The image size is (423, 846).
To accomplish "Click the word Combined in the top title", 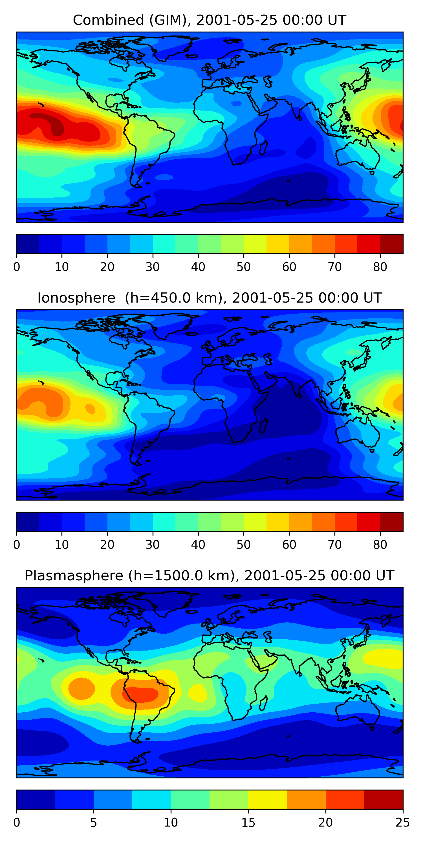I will pyautogui.click(x=108, y=20).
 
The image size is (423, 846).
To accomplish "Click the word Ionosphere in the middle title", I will pyautogui.click(x=76, y=298).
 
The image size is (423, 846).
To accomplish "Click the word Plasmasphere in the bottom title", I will pyautogui.click(x=74, y=576).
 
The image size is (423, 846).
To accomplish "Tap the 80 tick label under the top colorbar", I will pyautogui.click(x=380, y=267).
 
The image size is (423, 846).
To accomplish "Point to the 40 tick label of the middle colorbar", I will pyautogui.click(x=198, y=545).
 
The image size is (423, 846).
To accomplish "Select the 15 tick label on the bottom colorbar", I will pyautogui.click(x=248, y=823).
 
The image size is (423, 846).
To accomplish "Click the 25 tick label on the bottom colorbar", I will pyautogui.click(x=403, y=823).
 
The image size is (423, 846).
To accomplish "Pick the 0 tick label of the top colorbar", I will pyautogui.click(x=17, y=267).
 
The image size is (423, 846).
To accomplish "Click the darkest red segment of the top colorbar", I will pyautogui.click(x=391, y=244).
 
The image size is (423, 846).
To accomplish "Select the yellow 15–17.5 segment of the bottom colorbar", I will pyautogui.click(x=268, y=800).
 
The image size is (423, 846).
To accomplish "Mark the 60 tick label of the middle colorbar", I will pyautogui.click(x=289, y=545).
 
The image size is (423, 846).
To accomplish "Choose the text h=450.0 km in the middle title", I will pyautogui.click(x=175, y=298).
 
